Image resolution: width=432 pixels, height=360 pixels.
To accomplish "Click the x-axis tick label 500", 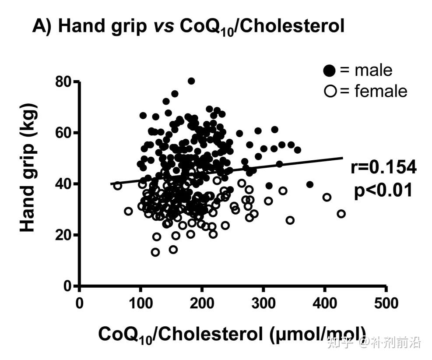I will tap(386, 303).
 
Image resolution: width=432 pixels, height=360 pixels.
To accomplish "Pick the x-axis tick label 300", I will tap(263, 303).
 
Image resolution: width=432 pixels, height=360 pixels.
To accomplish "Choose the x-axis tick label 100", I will tap(140, 303).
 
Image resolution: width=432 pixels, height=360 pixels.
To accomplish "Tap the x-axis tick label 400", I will tap(324, 303).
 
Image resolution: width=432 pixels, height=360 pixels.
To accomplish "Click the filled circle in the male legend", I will tap(330, 70).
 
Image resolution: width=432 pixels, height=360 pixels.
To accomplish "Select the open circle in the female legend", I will tap(329, 92).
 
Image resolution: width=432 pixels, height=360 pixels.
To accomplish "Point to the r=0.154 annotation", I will tap(383, 168).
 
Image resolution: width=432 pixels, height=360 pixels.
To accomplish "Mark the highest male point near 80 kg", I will tap(191, 81).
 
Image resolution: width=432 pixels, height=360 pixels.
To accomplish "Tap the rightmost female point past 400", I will tap(341, 214).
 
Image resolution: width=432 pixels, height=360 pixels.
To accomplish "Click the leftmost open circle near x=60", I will tap(117, 185).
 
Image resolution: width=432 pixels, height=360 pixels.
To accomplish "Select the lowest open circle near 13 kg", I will tap(155, 252).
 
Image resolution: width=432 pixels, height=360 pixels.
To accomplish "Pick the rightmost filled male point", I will tap(310, 184).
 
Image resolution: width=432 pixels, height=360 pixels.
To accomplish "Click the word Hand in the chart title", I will tap(77, 26).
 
